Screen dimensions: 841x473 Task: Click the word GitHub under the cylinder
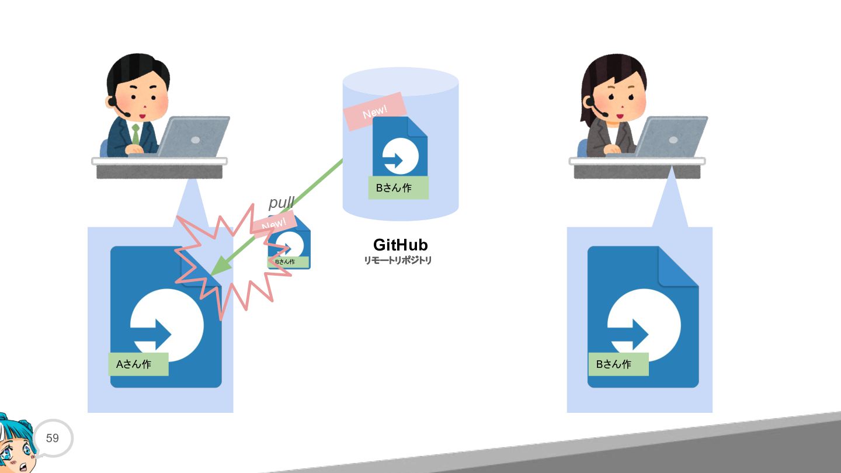[x=400, y=245]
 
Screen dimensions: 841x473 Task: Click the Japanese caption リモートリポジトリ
[x=398, y=260]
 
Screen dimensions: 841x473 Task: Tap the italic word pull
[x=282, y=203]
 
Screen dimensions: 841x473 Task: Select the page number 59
[x=52, y=438]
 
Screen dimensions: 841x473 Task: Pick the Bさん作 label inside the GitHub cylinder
[x=398, y=187]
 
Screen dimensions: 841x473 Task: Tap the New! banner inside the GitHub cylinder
[x=375, y=112]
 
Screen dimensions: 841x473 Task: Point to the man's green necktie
[x=135, y=134]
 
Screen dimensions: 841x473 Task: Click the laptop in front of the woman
[x=670, y=137]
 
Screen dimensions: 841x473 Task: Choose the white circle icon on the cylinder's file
[x=400, y=156]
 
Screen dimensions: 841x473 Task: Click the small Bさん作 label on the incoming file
[x=288, y=262]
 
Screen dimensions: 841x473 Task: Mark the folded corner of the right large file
[x=678, y=266]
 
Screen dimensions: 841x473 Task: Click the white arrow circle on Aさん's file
[x=167, y=325]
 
